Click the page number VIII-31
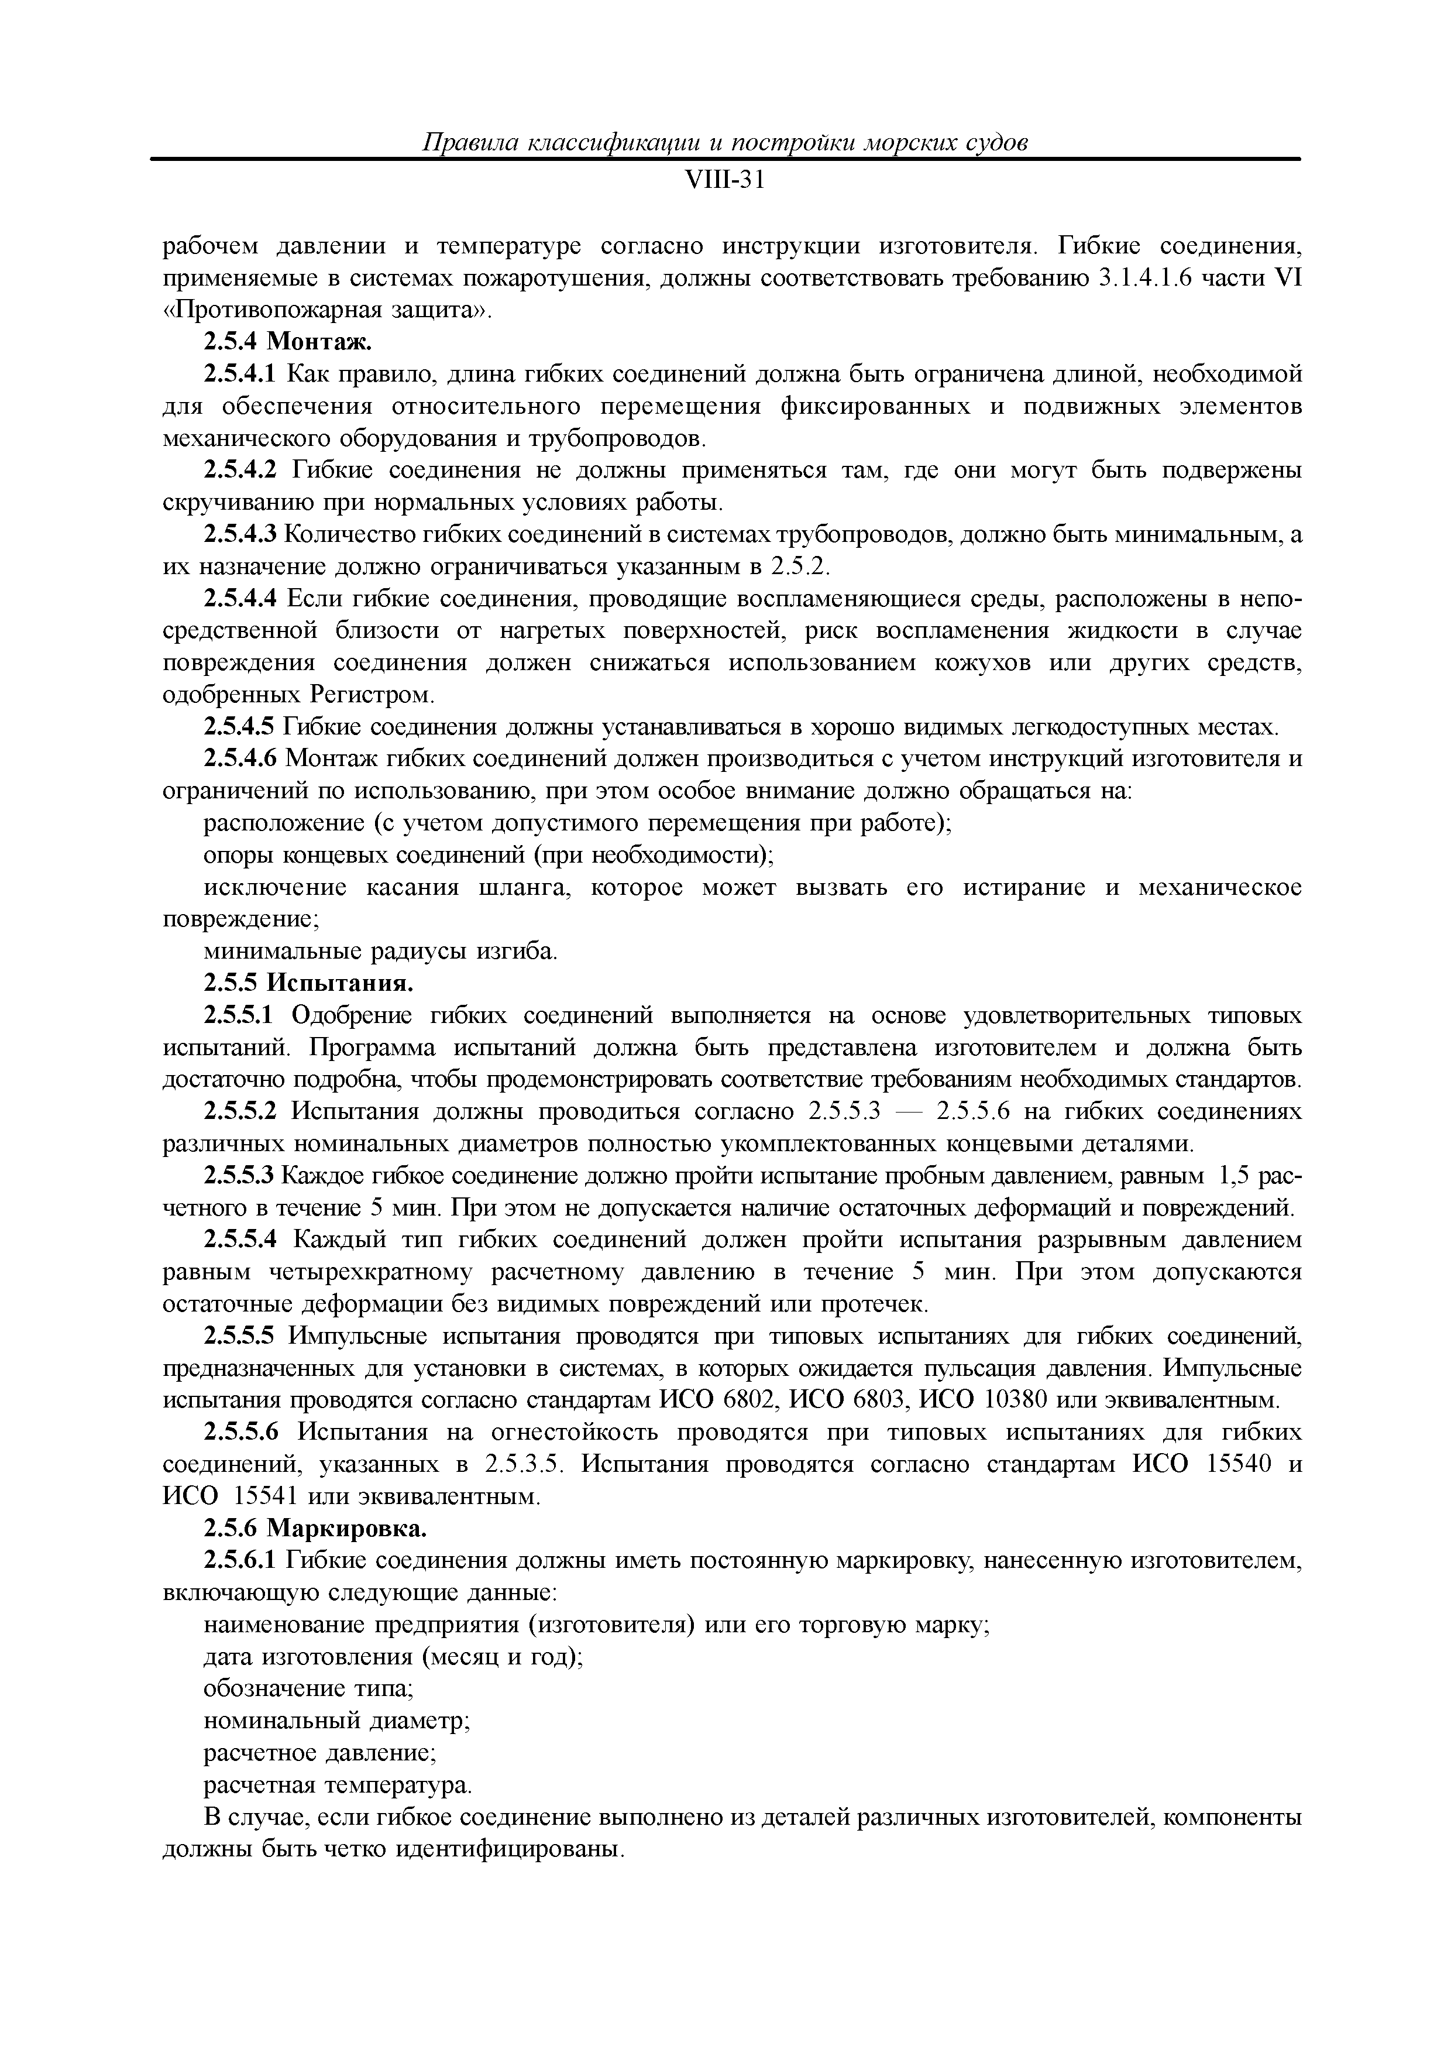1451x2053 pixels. click(725, 181)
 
